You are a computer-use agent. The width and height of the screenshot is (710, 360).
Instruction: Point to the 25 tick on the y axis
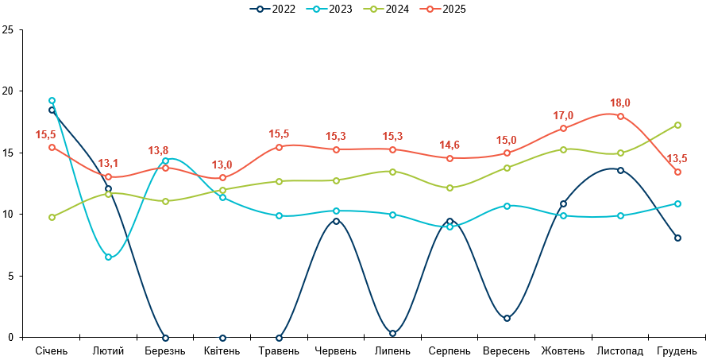(8, 30)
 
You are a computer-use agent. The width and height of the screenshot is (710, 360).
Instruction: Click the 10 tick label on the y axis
(8, 215)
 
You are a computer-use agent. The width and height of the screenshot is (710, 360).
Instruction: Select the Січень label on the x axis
(52, 350)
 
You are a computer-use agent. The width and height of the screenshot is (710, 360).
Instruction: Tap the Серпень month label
(450, 350)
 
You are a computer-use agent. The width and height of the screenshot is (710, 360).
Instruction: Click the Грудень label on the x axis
(677, 350)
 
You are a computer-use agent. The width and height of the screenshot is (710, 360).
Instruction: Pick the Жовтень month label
(563, 350)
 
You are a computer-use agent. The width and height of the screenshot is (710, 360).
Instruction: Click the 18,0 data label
(620, 103)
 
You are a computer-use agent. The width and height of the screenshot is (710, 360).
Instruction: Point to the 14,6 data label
(450, 145)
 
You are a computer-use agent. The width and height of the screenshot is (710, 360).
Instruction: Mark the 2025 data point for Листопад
(620, 116)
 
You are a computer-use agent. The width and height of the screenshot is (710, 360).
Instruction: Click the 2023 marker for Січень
(52, 101)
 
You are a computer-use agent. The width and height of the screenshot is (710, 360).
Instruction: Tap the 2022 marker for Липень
(393, 333)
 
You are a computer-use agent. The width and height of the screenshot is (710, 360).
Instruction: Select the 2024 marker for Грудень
(677, 125)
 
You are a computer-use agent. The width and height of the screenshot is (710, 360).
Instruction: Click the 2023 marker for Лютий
(108, 257)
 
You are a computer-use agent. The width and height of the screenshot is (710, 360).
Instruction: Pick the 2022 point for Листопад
(620, 170)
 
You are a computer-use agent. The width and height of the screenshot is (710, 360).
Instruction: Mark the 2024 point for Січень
(52, 217)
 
